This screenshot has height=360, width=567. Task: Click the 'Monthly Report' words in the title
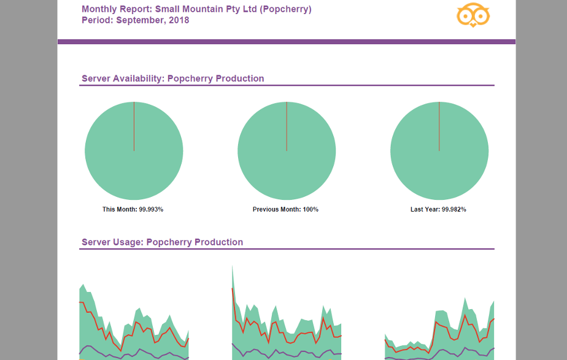click(x=117, y=9)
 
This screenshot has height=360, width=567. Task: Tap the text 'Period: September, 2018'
click(x=135, y=20)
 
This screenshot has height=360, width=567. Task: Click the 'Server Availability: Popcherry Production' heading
click(x=172, y=79)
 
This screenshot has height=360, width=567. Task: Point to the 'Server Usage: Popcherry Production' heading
click(x=162, y=242)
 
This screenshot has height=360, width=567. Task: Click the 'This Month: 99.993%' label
click(x=133, y=209)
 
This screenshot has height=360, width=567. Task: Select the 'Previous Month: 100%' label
click(x=285, y=209)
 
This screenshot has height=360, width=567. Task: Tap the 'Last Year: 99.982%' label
click(x=438, y=209)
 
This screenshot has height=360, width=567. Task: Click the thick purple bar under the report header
click(x=286, y=42)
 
